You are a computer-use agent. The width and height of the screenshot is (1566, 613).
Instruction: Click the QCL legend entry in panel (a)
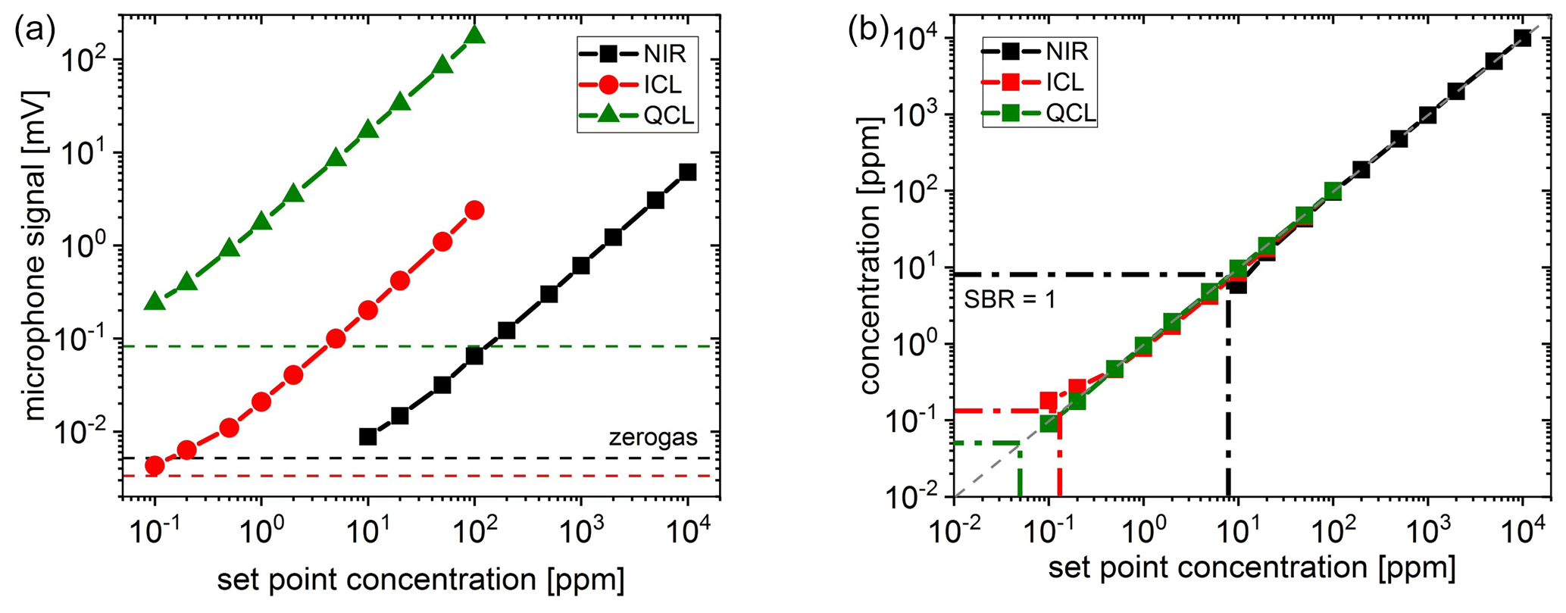636,116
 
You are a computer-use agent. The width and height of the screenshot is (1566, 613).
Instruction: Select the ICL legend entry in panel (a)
636,84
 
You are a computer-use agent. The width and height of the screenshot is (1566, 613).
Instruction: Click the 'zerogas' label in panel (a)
652,437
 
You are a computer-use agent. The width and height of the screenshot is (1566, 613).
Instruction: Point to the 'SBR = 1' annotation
1009,299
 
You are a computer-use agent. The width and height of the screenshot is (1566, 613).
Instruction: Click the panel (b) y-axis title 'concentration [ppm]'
871,255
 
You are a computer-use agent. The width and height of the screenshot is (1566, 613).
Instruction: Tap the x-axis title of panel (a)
420,580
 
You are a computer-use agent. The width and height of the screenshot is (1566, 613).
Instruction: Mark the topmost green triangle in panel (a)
475,34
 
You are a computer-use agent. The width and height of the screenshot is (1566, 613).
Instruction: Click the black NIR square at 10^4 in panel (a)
687,172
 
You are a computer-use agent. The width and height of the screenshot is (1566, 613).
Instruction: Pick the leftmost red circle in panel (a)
155,465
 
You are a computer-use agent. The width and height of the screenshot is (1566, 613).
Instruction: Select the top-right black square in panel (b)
1522,39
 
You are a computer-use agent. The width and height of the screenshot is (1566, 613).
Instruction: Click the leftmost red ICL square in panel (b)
1049,401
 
